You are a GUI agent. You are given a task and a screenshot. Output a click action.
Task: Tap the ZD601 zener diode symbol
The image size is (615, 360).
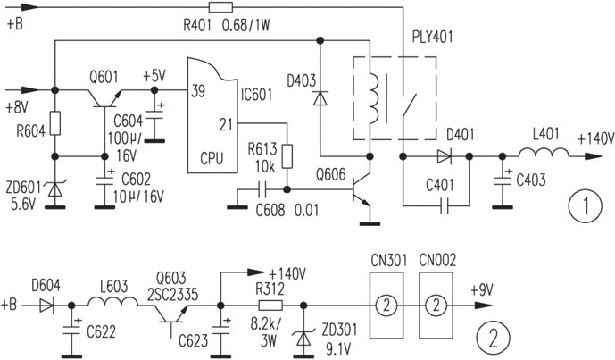(55, 190)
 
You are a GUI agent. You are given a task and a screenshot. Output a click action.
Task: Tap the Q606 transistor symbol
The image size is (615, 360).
(360, 188)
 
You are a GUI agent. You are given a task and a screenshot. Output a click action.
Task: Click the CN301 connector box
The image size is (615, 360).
(387, 304)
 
